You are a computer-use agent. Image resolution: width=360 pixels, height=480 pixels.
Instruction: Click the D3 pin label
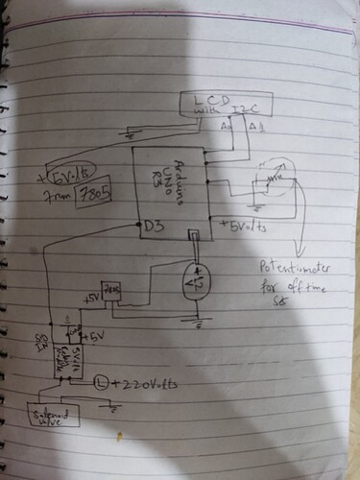tap(152, 228)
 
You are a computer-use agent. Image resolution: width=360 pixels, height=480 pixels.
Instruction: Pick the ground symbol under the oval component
tap(200, 324)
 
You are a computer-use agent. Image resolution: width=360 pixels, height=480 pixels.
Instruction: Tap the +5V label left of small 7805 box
tap(92, 300)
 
